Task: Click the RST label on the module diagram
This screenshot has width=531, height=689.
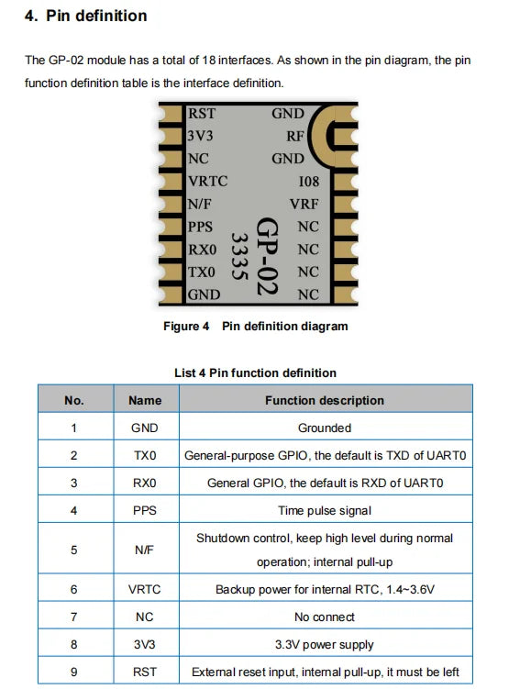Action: point(202,114)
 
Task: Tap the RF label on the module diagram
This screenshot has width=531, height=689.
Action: point(295,136)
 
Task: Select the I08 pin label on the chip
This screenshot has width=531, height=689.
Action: point(309,182)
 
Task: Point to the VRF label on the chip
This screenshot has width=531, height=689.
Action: point(304,204)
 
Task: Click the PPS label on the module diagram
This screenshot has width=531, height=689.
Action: point(200,227)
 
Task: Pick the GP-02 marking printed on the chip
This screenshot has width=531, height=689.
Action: point(267,256)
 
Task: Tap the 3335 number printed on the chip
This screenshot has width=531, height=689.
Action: point(239,256)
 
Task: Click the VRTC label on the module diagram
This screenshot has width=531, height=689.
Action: point(208,182)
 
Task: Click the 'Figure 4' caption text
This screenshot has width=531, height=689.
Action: point(186,327)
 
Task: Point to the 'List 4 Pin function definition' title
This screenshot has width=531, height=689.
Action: point(255,373)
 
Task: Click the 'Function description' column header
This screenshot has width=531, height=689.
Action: point(325,400)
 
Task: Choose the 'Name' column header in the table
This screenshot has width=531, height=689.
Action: point(145,400)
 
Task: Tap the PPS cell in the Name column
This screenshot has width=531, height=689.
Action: point(145,511)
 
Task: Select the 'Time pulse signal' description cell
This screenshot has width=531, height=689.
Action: point(325,511)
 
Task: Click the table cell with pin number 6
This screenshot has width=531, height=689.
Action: point(73,589)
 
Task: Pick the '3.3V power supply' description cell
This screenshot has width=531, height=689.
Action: point(325,645)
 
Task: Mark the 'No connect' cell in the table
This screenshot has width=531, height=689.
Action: point(325,617)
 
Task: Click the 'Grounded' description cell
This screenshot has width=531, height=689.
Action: point(325,428)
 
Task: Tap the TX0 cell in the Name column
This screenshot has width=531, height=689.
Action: point(145,456)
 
